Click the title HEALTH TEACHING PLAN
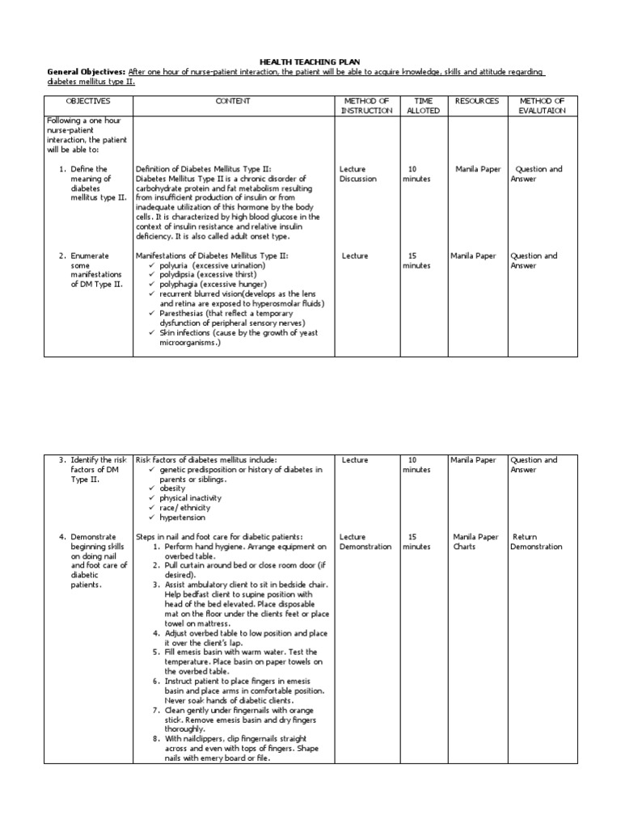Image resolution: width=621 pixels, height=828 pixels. pyautogui.click(x=309, y=61)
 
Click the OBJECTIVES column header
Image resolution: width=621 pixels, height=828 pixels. pyautogui.click(x=89, y=101)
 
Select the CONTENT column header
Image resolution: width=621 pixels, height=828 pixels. pyautogui.click(x=233, y=101)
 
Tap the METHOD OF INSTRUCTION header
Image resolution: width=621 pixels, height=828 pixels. pyautogui.click(x=366, y=106)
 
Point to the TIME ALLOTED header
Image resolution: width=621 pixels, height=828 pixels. pyautogui.click(x=423, y=106)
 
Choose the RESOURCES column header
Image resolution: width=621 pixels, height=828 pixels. pyautogui.click(x=477, y=101)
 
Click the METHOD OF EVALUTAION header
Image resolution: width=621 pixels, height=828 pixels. pyautogui.click(x=543, y=106)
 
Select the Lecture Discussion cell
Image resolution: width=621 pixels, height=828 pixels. pyautogui.click(x=358, y=174)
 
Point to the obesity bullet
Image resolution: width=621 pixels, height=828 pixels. pyautogui.click(x=172, y=488)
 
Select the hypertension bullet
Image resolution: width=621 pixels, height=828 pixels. pyautogui.click(x=182, y=517)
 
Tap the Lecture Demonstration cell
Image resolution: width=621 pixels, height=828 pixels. pyautogui.click(x=365, y=542)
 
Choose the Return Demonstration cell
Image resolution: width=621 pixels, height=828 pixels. pyautogui.click(x=536, y=542)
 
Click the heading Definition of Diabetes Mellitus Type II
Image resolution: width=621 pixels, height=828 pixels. pyautogui.click(x=209, y=169)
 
